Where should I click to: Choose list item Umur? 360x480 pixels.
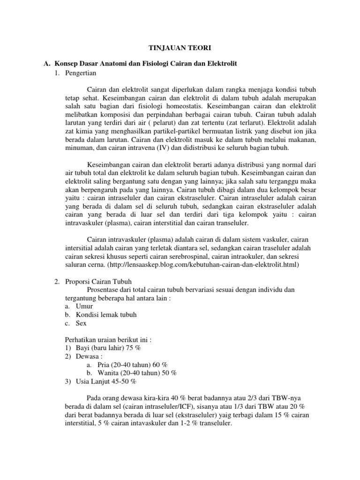tap(84, 306)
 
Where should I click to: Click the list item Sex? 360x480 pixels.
tap(81, 323)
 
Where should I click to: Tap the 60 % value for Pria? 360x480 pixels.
tap(161, 365)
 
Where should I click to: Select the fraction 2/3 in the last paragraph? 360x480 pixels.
tap(246, 398)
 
